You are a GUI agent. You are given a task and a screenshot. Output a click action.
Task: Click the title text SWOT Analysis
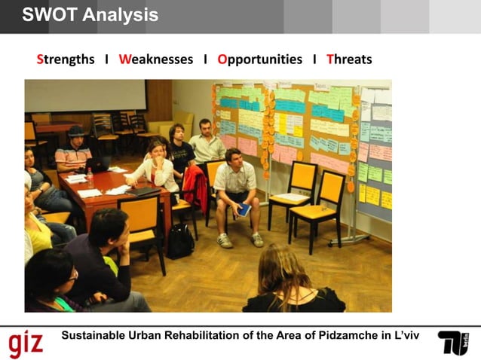click(x=90, y=15)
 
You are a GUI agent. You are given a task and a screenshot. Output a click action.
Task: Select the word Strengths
click(x=66, y=59)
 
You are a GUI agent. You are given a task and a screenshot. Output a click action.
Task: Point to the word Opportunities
click(x=259, y=59)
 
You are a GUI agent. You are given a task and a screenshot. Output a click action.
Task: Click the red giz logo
click(x=26, y=343)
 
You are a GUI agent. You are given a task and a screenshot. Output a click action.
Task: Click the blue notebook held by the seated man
click(x=244, y=210)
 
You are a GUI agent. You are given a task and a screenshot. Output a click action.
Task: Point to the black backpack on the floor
click(x=180, y=241)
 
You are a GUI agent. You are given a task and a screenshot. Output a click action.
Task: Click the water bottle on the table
click(x=90, y=176)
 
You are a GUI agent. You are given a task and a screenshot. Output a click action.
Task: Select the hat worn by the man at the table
click(x=76, y=132)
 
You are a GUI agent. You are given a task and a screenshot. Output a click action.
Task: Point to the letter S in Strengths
click(x=40, y=59)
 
